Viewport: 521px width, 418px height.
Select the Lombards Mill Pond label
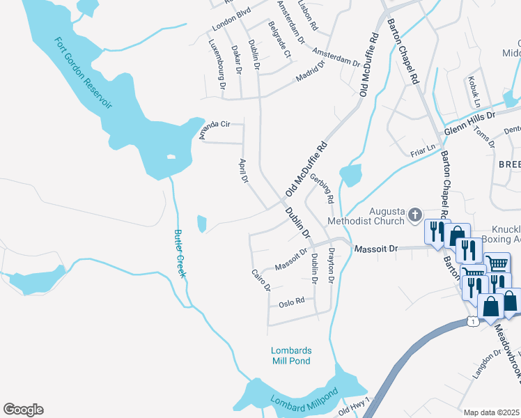291,355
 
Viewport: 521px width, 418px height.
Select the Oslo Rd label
292,302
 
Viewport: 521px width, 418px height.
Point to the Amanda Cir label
215,130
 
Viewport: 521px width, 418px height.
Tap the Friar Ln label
423,148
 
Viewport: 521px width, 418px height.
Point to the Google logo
23,410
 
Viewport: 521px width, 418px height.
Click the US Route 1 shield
474,322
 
